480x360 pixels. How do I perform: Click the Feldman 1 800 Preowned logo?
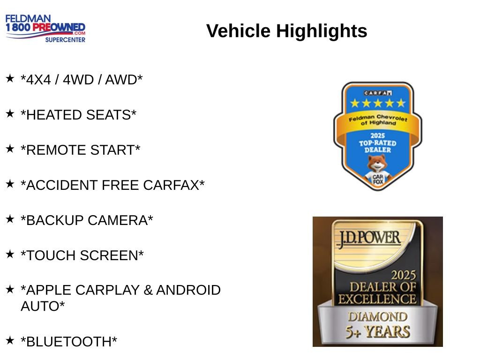(45, 28)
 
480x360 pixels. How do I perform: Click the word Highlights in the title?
(322, 31)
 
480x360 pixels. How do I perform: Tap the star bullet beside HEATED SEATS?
(10, 113)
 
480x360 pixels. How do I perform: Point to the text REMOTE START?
(81, 150)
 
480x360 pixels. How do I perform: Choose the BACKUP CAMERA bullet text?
(87, 220)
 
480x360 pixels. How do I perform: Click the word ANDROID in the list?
(188, 290)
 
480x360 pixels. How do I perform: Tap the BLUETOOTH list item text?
(69, 342)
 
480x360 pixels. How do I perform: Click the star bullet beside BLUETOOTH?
(10, 339)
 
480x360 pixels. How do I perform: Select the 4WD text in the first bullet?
(78, 80)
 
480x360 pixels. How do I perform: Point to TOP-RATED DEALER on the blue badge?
(377, 146)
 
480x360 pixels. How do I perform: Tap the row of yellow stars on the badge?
(377, 103)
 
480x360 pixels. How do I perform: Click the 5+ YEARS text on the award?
(378, 332)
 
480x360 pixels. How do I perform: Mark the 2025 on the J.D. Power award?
(404, 275)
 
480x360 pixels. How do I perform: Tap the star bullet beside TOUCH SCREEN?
(10, 254)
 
